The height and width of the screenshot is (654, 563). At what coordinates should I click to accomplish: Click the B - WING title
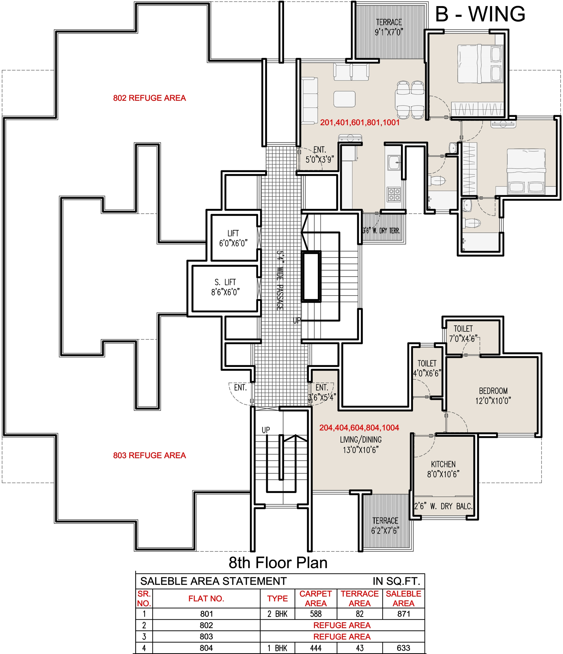tap(480, 14)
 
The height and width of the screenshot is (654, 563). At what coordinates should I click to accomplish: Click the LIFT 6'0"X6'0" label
tap(233, 238)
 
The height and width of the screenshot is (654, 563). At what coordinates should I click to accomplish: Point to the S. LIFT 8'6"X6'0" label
tap(225, 287)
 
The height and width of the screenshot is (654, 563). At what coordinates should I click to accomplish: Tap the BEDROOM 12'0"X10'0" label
tap(493, 396)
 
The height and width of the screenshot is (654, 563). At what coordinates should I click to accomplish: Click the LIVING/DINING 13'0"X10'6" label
tap(361, 445)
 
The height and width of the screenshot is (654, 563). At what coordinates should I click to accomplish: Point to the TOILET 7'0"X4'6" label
tap(463, 334)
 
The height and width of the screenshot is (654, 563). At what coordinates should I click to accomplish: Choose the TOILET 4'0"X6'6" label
tap(427, 368)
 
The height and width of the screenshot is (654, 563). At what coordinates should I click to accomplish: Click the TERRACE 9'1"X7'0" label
tap(389, 27)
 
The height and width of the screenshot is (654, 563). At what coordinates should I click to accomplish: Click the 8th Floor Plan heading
tap(278, 562)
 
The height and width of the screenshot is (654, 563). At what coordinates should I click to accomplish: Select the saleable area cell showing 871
tap(404, 614)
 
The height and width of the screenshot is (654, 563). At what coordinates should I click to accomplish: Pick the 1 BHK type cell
tap(277, 648)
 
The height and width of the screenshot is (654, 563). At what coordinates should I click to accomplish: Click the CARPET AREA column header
tap(315, 599)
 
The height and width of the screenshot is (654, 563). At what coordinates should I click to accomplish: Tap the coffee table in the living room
tap(344, 99)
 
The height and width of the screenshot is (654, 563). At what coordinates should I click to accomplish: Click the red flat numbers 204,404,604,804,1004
tap(359, 428)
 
